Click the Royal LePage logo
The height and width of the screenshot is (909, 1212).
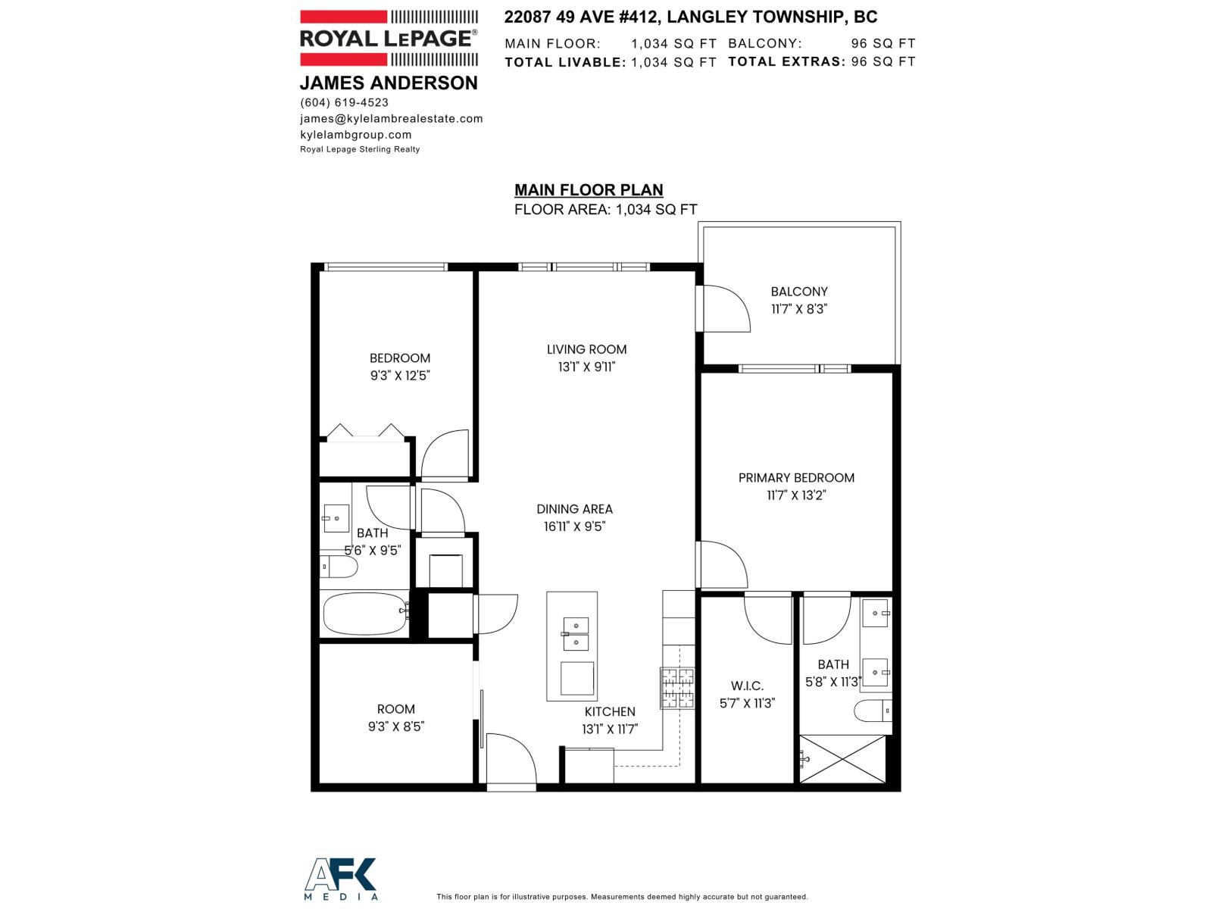tap(389, 38)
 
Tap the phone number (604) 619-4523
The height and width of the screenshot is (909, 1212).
tap(344, 102)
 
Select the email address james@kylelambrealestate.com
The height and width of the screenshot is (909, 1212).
tap(391, 118)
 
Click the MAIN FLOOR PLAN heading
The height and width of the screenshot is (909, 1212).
tap(589, 190)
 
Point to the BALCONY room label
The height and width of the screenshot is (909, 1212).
tap(798, 292)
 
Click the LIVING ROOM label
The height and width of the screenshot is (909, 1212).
tap(586, 349)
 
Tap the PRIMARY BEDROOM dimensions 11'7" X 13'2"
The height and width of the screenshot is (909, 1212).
tap(795, 495)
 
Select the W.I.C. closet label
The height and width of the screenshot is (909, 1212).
tap(746, 686)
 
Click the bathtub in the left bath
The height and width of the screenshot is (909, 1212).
tap(364, 614)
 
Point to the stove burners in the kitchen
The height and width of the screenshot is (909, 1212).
tap(677, 688)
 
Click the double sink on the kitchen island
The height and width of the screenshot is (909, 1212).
tap(575, 634)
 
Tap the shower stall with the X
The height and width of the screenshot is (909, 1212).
tap(842, 758)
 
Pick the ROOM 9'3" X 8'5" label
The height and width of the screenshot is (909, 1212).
tap(396, 717)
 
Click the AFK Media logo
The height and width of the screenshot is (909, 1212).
tap(340, 879)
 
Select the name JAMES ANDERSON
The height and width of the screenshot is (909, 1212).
tap(389, 83)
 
